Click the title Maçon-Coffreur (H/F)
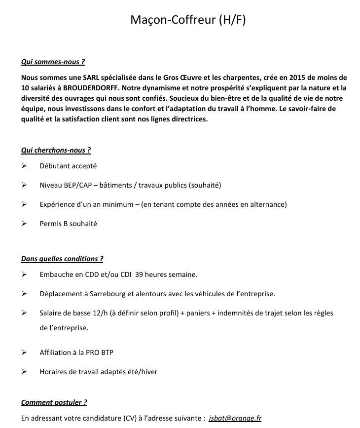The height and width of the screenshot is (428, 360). click(x=187, y=20)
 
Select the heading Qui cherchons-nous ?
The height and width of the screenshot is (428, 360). click(x=56, y=150)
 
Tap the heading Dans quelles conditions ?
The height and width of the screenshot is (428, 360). click(x=62, y=258)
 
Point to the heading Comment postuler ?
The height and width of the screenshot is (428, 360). click(x=54, y=402)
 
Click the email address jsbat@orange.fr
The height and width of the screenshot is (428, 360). click(x=235, y=418)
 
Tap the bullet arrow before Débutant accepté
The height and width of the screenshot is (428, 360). click(x=24, y=166)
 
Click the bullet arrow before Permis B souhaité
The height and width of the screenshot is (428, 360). click(x=24, y=224)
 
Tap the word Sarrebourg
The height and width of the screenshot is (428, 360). click(x=107, y=294)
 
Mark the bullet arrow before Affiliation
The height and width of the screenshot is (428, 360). click(x=24, y=352)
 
